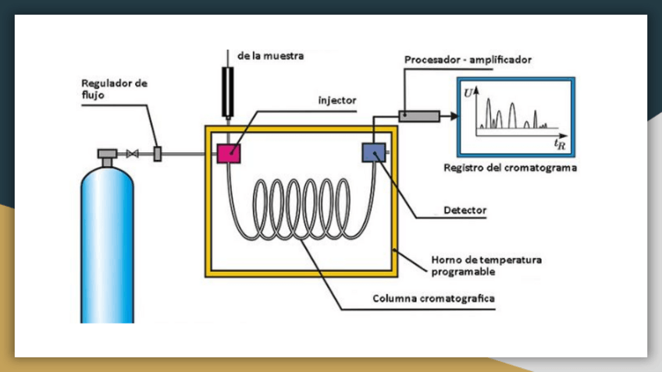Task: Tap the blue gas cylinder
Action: [107, 242]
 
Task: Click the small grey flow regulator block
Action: [157, 154]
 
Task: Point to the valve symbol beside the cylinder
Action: [133, 154]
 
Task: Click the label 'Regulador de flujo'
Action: [113, 89]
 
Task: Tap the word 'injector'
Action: [337, 100]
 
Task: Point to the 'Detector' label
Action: [464, 211]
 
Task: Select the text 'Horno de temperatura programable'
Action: [486, 265]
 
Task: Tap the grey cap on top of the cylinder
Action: [106, 154]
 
